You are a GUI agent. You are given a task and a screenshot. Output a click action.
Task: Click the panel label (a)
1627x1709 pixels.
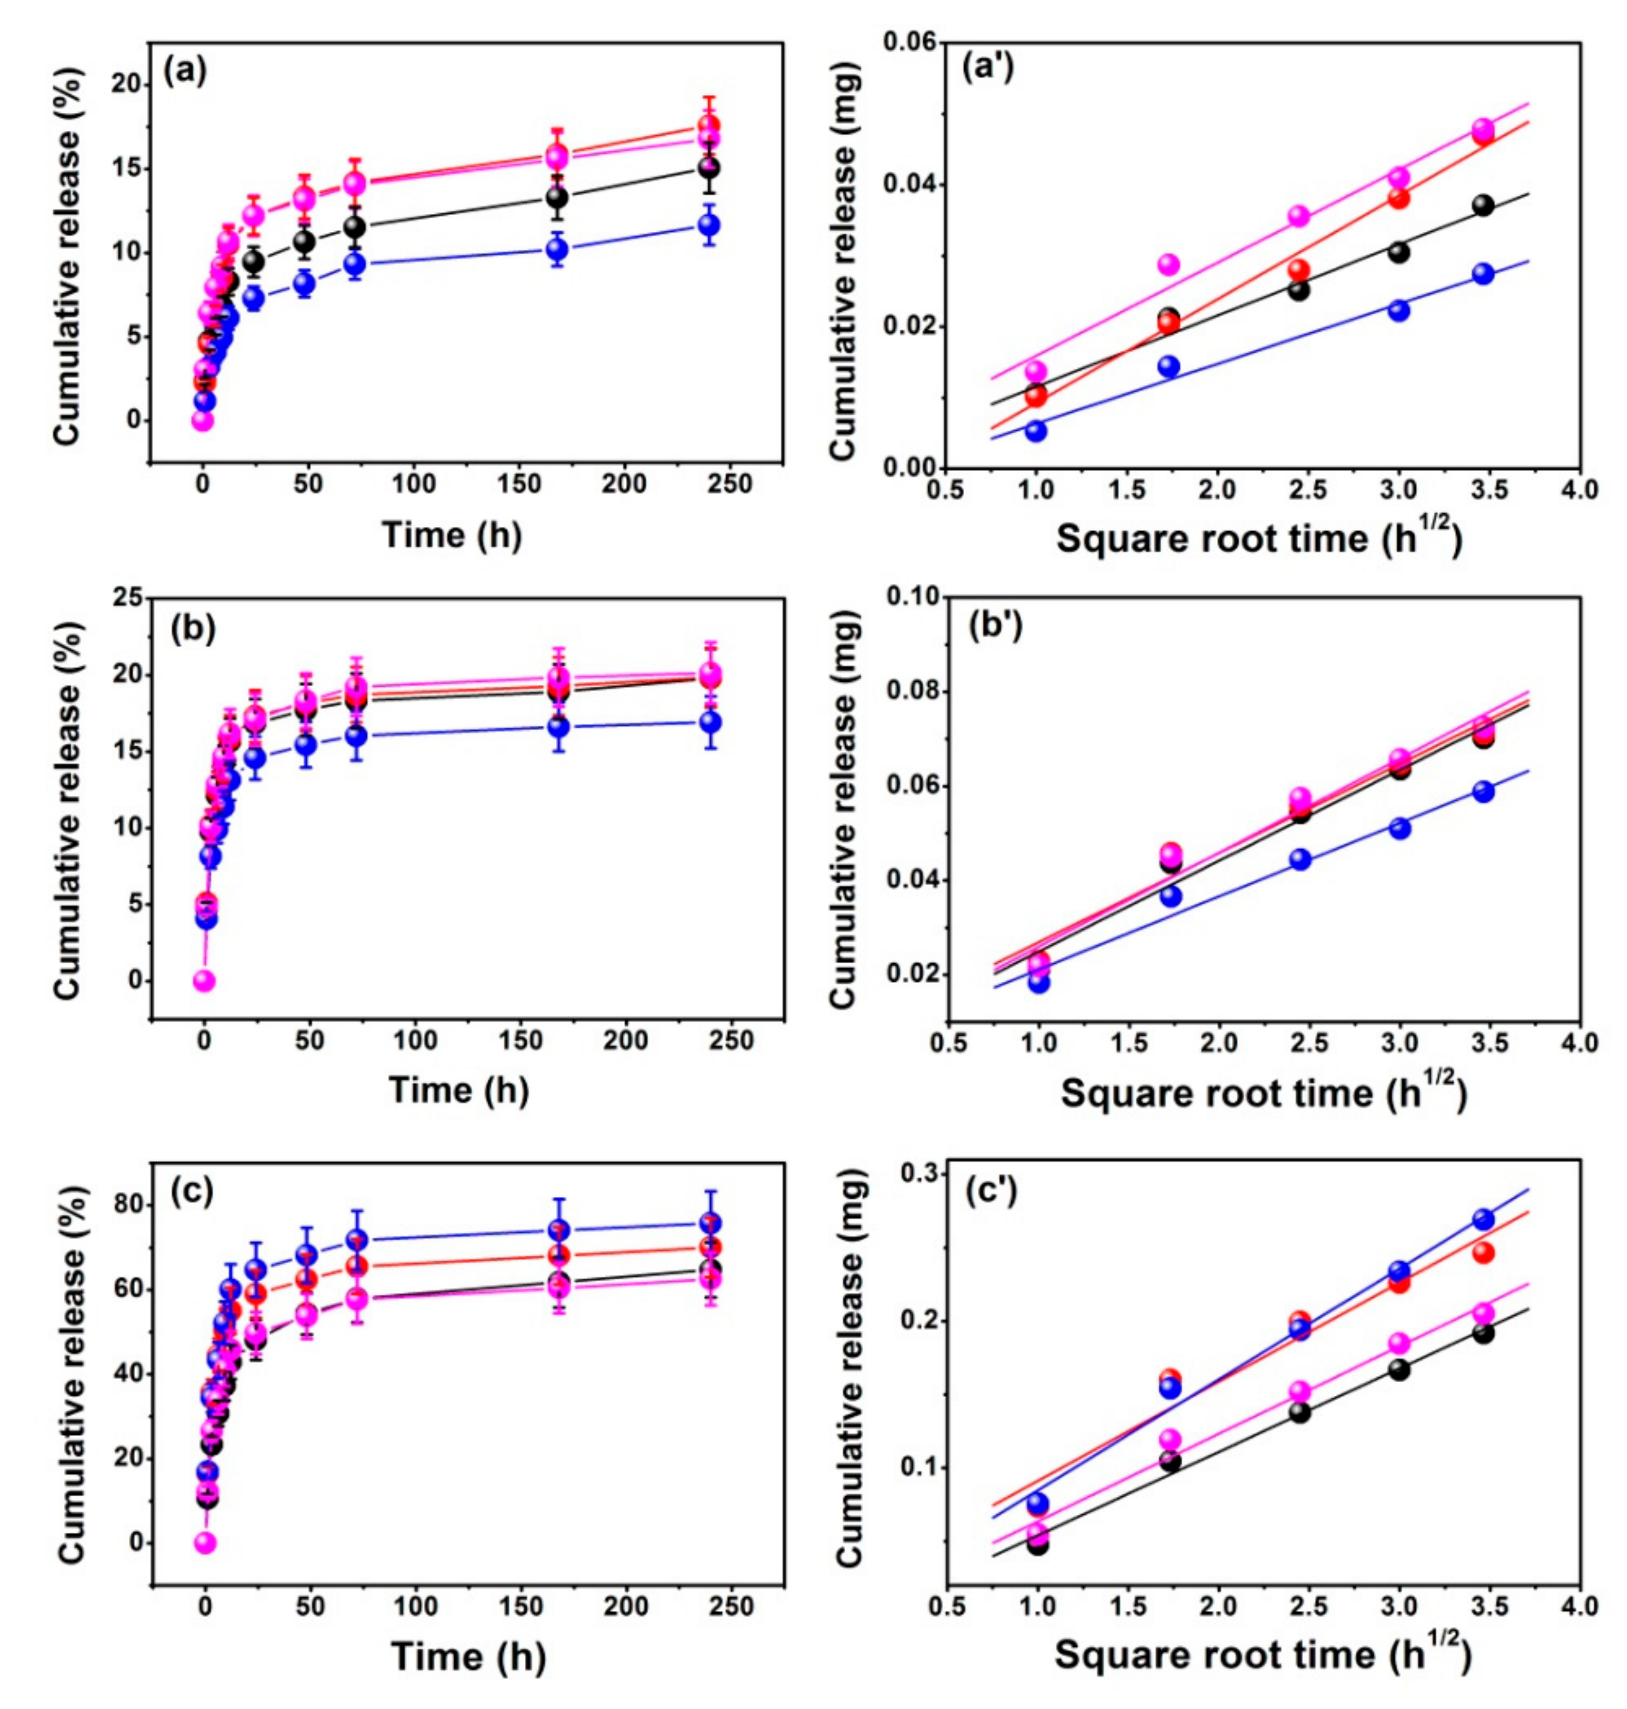[x=185, y=71]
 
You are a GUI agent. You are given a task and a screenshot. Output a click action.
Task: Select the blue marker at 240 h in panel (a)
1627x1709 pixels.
[x=708, y=225]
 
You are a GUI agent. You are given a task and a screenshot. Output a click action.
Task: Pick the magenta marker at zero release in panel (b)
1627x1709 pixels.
[x=204, y=981]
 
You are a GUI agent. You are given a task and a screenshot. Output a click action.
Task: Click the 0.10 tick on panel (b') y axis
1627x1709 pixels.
[x=902, y=598]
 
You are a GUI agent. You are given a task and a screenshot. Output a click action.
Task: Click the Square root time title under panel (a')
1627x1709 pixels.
[x=1259, y=540]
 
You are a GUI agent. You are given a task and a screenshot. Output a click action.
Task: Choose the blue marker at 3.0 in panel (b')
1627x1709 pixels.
[x=1399, y=828]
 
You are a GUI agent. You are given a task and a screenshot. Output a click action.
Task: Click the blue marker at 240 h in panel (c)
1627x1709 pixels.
[x=709, y=1223]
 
